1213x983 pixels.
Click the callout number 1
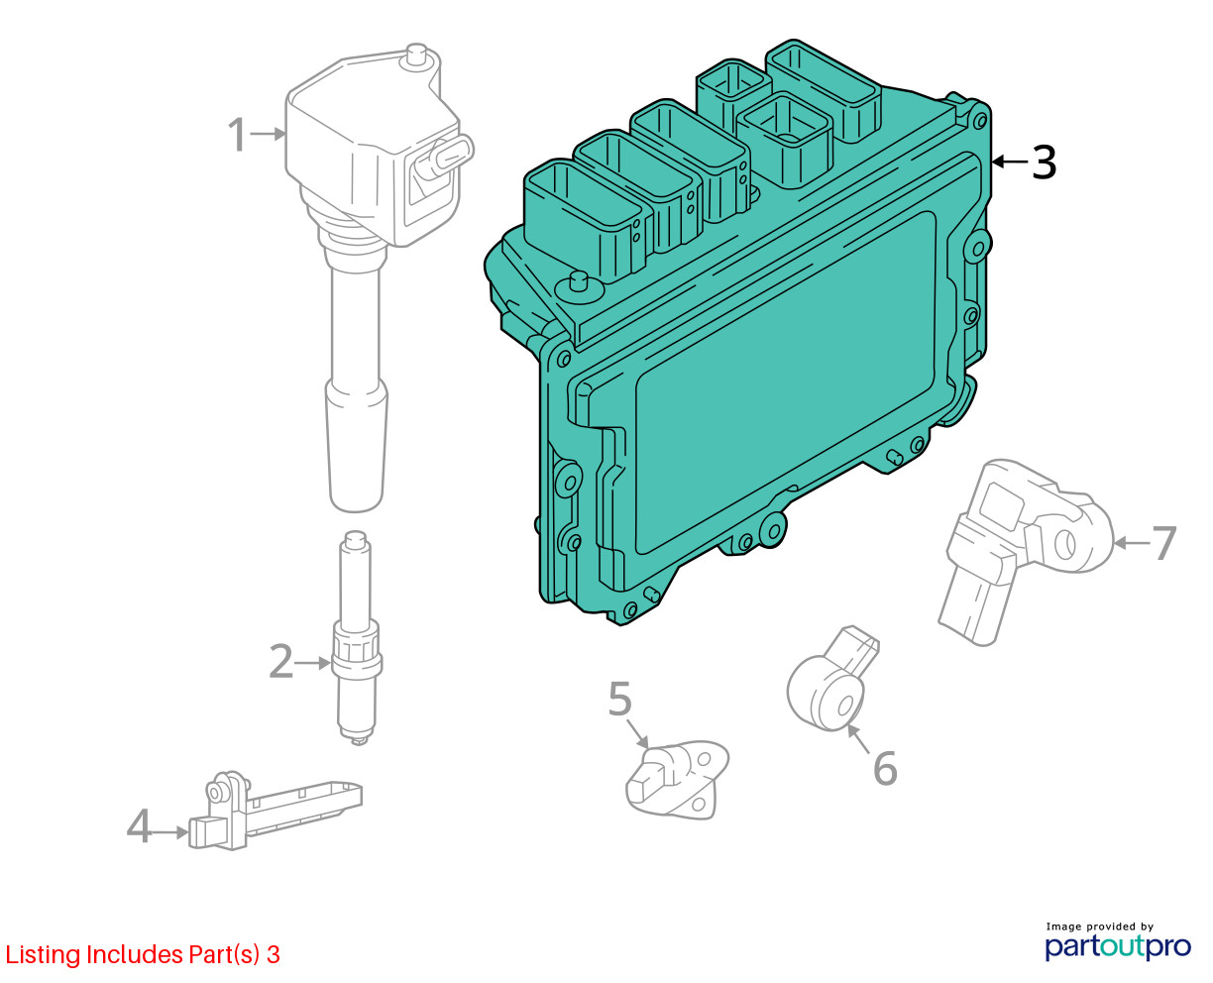(238, 135)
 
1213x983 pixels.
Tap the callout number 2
(280, 661)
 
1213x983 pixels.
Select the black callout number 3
(1044, 163)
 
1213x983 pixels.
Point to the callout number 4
(139, 825)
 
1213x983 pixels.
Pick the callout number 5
(620, 699)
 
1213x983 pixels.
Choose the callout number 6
(885, 768)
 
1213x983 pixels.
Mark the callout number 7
(1163, 542)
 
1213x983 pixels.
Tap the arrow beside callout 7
(1132, 543)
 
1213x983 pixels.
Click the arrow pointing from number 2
(312, 662)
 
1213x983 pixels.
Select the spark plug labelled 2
(357, 638)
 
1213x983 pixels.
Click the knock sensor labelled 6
(832, 679)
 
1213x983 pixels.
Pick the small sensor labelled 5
(677, 779)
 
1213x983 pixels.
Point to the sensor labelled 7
(1025, 551)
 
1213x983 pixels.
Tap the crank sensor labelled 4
(276, 810)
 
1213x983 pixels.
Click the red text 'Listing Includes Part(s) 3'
(143, 954)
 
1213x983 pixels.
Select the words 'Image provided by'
(1100, 927)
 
